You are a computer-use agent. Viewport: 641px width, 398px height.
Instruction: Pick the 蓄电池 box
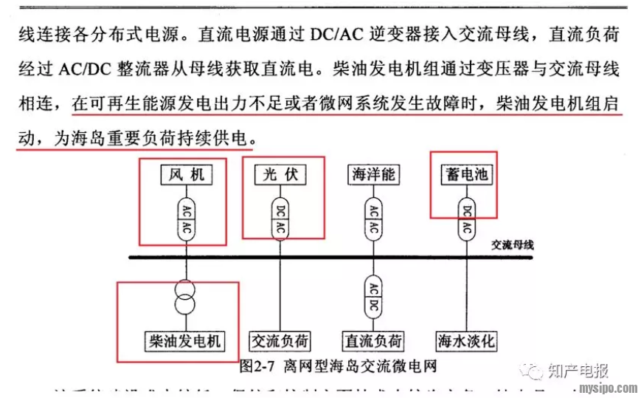(466, 175)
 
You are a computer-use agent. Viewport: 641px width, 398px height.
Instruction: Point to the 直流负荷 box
(373, 340)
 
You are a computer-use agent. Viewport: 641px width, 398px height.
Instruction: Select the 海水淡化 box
(466, 340)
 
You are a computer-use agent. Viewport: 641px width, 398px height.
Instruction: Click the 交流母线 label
(512, 244)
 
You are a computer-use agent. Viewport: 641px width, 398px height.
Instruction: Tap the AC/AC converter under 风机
(187, 219)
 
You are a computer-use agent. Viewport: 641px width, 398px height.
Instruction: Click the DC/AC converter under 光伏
(280, 219)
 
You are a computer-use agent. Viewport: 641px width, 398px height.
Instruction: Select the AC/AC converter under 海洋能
(373, 219)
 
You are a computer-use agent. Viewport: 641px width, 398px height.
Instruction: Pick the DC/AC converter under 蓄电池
(466, 219)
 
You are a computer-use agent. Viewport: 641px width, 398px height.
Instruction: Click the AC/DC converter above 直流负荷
(373, 294)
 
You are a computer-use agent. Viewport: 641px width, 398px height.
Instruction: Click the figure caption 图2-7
(257, 365)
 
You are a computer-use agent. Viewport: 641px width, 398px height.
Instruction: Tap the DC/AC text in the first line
(336, 34)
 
